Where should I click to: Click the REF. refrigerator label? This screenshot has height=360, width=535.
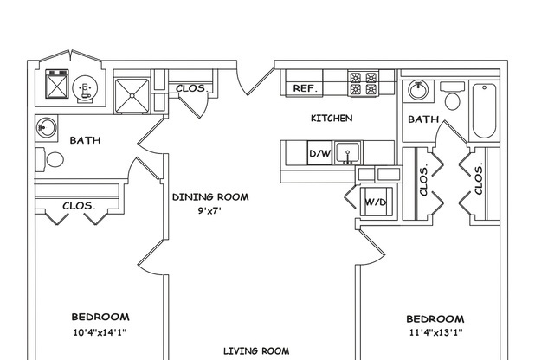coord(304,88)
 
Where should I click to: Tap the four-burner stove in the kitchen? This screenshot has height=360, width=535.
coord(363,82)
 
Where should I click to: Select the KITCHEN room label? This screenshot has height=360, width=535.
coord(331,118)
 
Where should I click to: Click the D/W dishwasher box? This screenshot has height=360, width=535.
coord(319,154)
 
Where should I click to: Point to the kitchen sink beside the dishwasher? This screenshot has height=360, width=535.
coord(348,153)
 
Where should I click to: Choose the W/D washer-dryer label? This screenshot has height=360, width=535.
coord(375,202)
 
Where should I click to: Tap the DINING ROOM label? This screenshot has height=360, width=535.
coord(209,196)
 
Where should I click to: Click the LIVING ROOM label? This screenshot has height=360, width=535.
coord(256,350)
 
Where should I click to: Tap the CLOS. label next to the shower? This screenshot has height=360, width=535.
coord(190,88)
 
